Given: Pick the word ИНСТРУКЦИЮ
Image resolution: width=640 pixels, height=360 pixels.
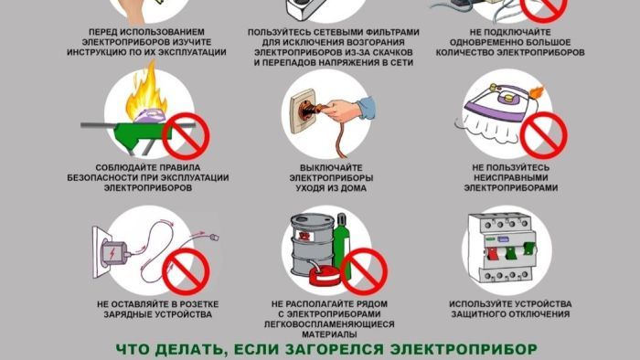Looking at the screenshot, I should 114,53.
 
